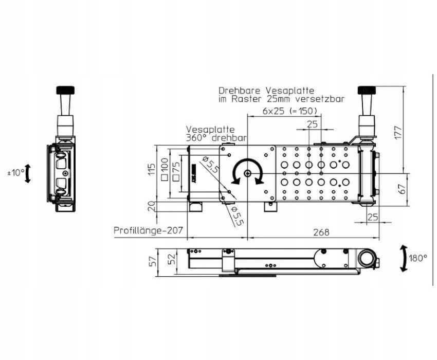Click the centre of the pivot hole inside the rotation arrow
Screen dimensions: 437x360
pos(247,173)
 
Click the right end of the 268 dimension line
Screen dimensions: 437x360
pos(379,238)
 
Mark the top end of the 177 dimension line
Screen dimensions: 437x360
pos(404,86)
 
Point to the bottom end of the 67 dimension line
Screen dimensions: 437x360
pos(408,206)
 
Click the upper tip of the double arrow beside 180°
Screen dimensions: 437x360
pos(403,246)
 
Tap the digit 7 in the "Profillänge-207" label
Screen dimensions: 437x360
pos(180,230)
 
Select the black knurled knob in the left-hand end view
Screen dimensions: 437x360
pos(65,91)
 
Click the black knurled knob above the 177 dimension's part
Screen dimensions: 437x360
pos(367,91)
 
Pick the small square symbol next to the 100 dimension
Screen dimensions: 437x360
pos(165,177)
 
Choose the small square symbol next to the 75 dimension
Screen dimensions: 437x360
pos(176,177)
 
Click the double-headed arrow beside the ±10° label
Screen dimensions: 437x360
pos(28,173)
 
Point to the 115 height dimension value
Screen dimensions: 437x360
pos(152,169)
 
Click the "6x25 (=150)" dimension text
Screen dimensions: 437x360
pos(290,111)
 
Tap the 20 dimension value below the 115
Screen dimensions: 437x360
pos(152,207)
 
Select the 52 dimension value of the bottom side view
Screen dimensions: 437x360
pos(173,259)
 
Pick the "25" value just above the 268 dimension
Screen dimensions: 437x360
pos(372,217)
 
